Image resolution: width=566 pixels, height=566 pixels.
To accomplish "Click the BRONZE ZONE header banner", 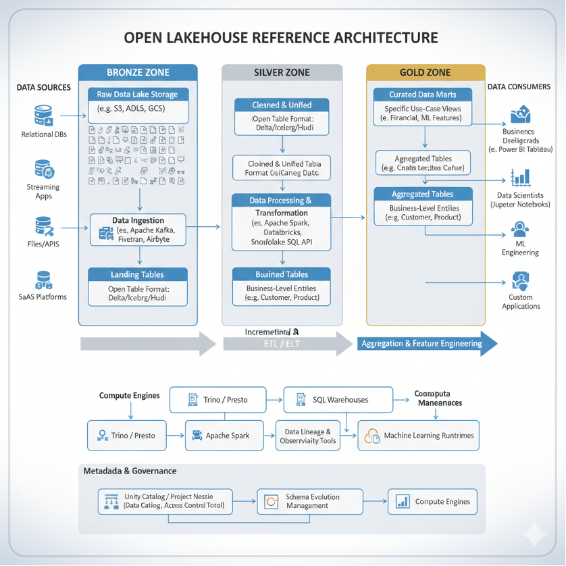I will point(138,72).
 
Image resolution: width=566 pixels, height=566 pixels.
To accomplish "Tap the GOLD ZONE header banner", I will point(426,72).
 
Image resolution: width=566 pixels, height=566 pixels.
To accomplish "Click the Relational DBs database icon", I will point(44,115).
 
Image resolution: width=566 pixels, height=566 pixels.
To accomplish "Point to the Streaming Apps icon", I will point(43,168).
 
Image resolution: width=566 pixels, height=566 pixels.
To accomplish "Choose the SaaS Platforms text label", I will point(43,297).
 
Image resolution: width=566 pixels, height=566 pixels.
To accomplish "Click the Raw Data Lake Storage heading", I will point(138,95).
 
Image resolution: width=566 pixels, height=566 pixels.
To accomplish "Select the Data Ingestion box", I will point(138,230).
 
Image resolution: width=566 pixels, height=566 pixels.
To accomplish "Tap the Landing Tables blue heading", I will point(138,275).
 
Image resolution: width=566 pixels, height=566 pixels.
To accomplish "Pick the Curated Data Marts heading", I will point(423,95).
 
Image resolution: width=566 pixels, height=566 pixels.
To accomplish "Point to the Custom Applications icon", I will point(521,280).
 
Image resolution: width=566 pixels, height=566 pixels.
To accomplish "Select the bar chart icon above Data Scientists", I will point(520,177).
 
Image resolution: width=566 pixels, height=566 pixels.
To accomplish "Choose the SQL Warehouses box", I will point(338,400).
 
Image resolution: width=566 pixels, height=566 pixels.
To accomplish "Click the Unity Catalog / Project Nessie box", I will point(165,501).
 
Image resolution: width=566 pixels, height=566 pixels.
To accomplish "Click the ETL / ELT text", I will point(280,344).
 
